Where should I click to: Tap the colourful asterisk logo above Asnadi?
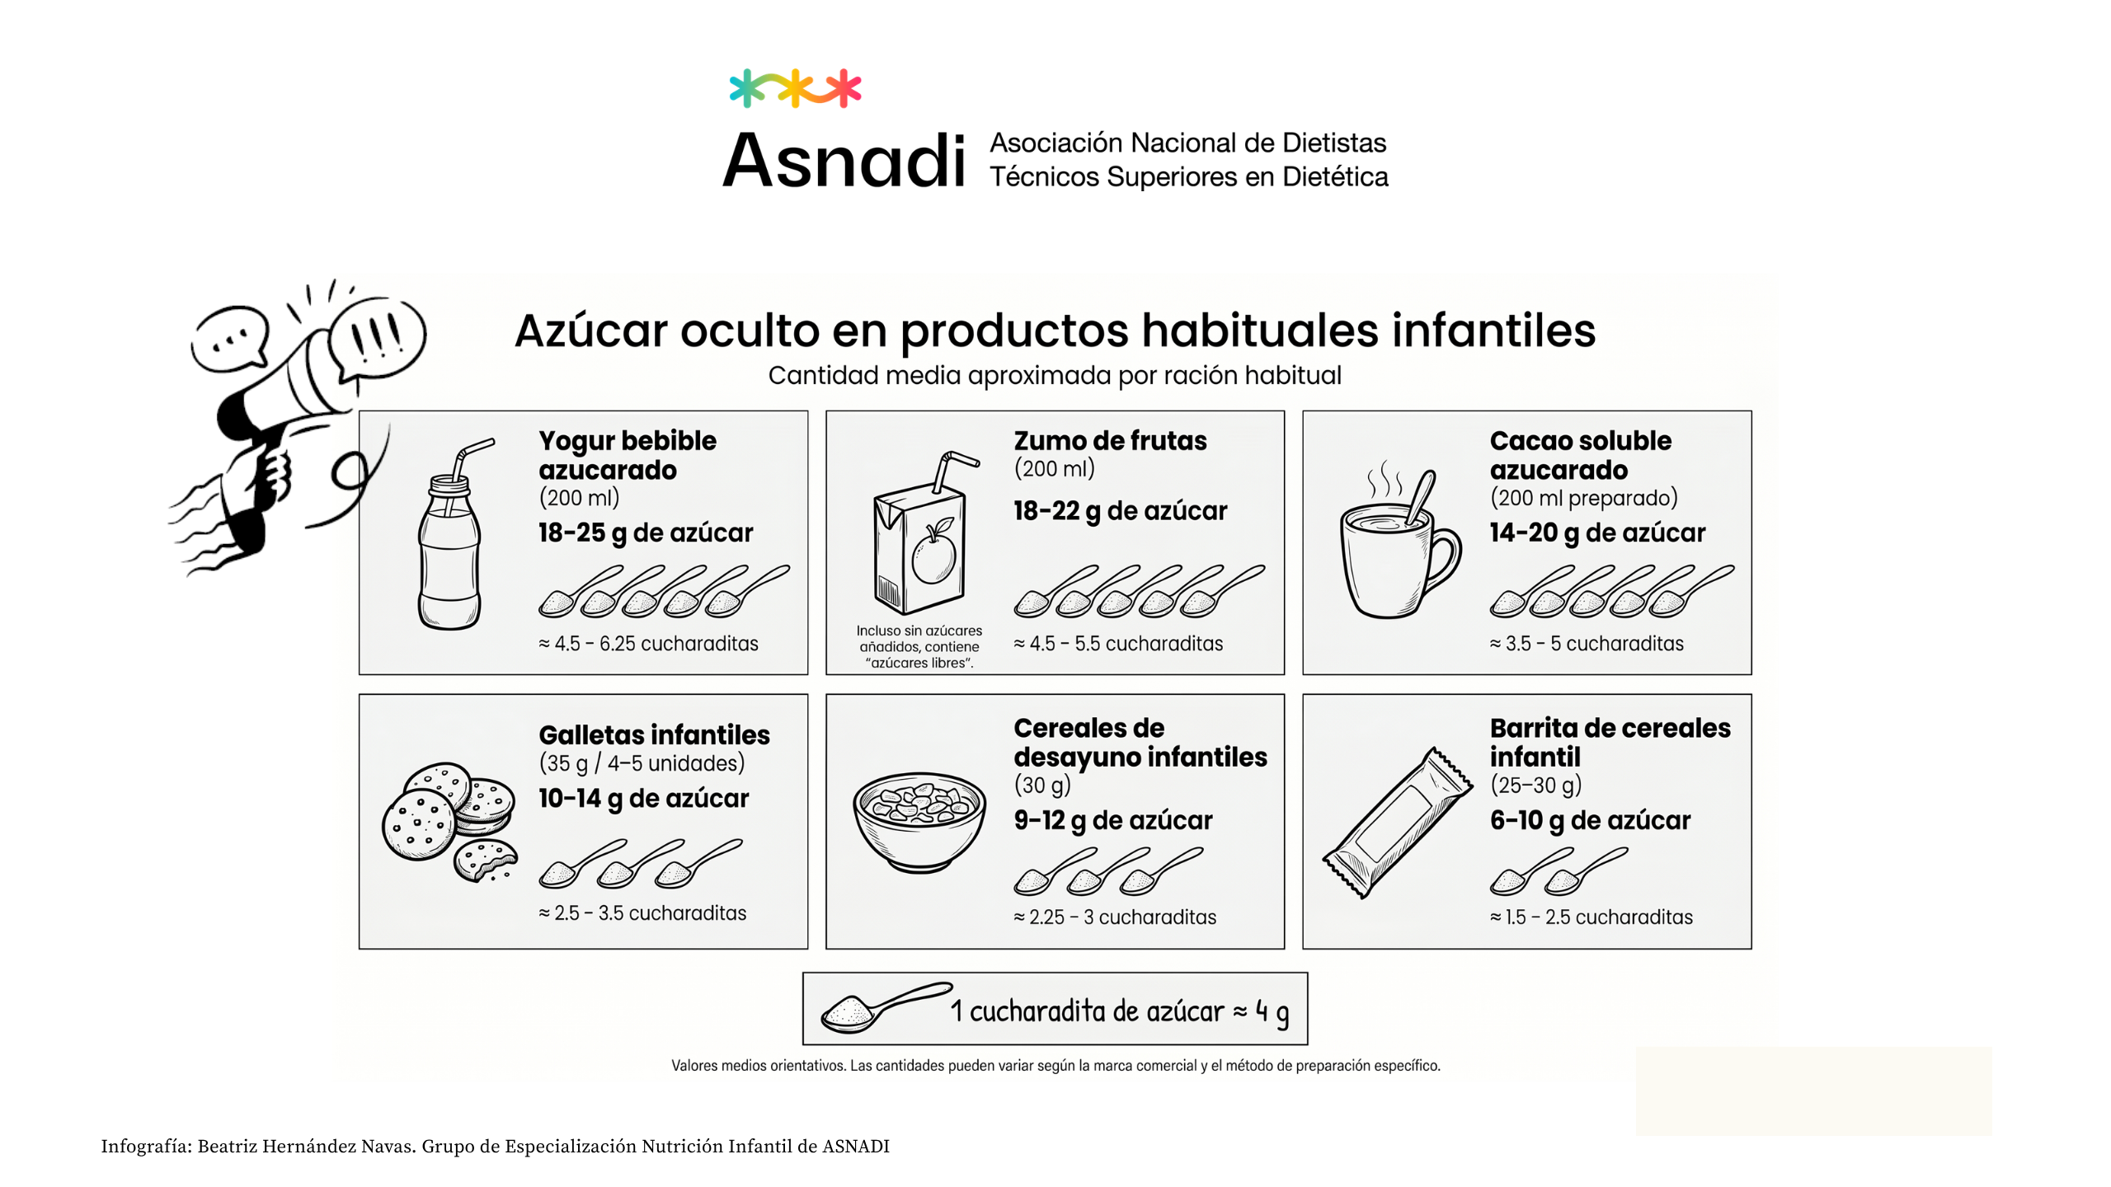795,88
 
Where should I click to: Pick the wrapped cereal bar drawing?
1397,822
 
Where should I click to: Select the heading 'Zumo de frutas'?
1110,441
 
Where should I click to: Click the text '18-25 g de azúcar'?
646,533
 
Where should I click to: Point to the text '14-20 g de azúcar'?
1597,533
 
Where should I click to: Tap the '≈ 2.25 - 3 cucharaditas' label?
1115,917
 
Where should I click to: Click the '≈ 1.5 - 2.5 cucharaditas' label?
1591,917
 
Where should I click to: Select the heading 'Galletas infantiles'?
654,734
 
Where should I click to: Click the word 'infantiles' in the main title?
1493,331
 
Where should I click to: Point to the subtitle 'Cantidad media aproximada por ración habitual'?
1055,376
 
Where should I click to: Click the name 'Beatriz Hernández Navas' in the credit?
306,1147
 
